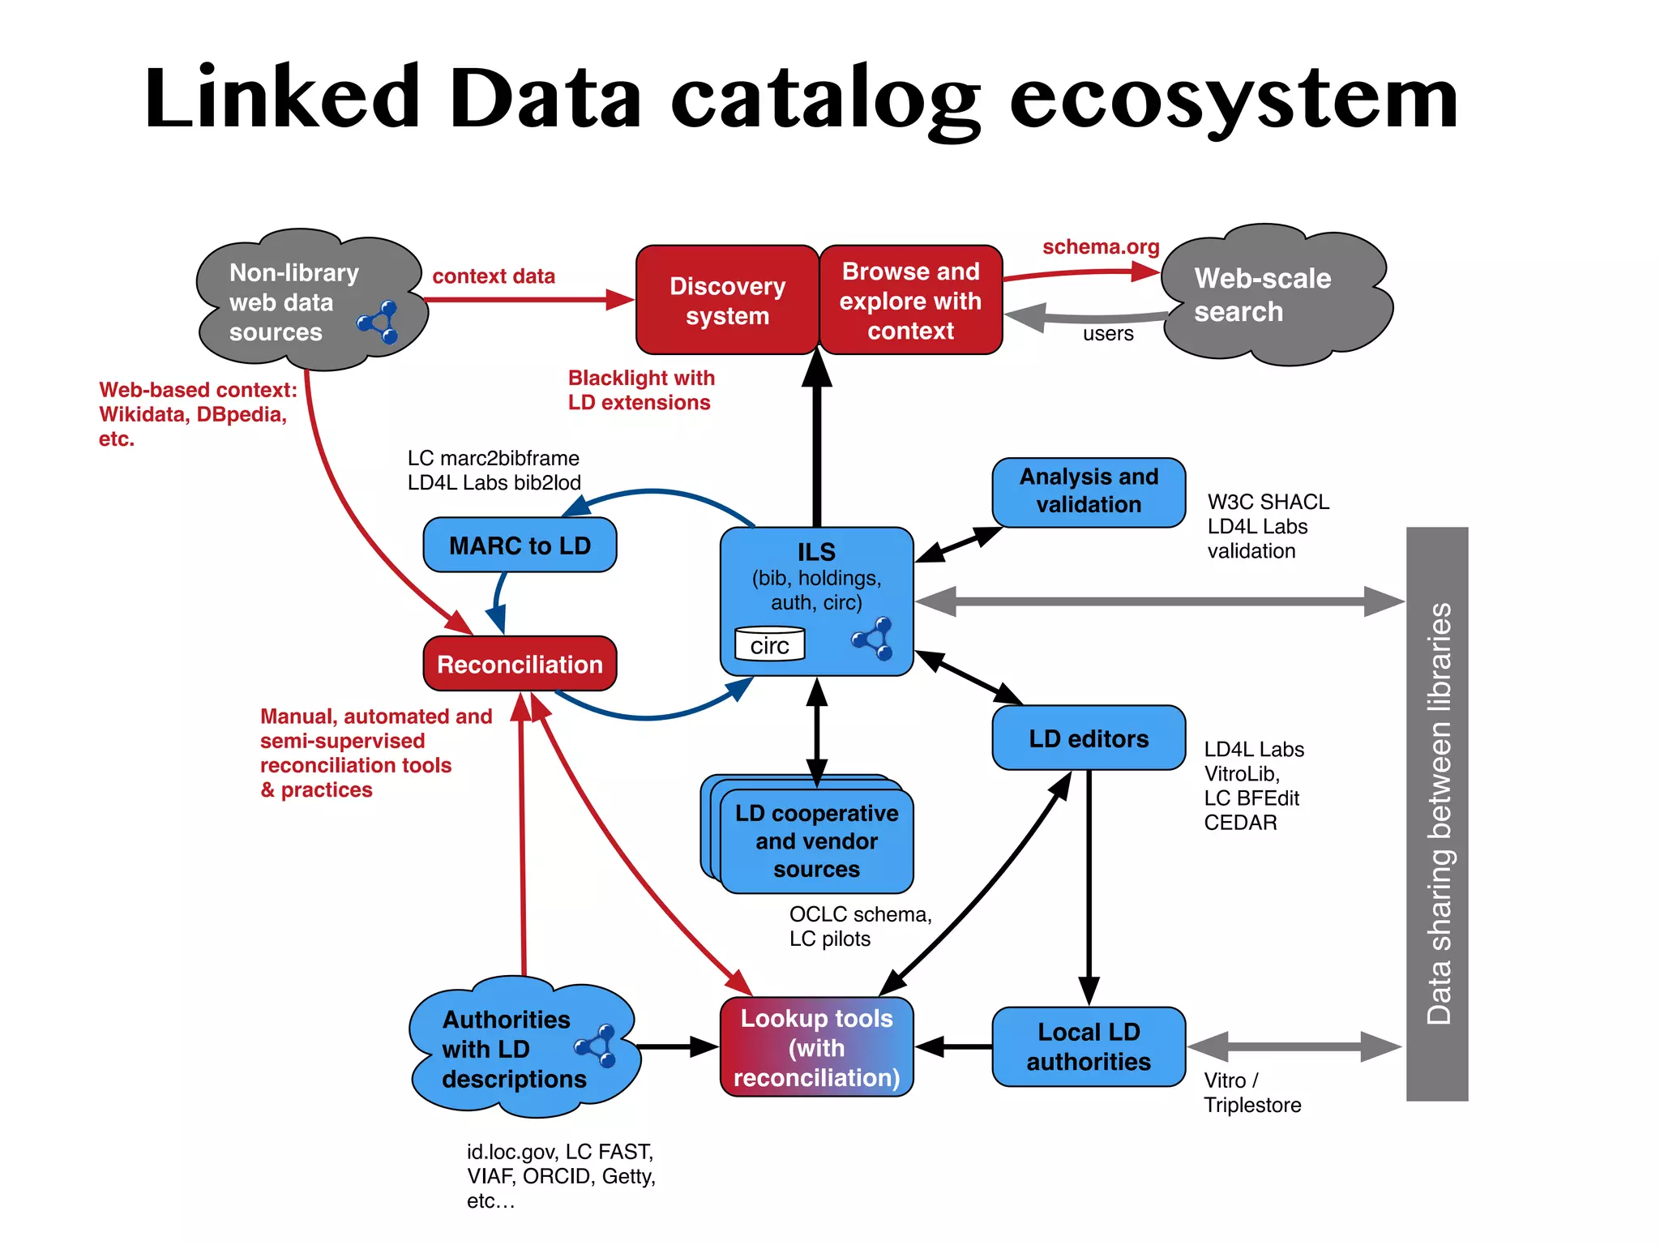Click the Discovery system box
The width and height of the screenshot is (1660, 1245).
pyautogui.click(x=727, y=301)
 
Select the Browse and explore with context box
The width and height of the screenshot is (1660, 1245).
pyautogui.click(x=910, y=301)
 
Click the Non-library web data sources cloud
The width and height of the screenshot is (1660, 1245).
pyautogui.click(x=300, y=302)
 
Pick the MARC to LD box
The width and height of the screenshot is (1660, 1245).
pyautogui.click(x=520, y=545)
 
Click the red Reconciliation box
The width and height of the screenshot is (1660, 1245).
pyautogui.click(x=520, y=665)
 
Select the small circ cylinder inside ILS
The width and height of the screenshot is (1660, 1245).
pyautogui.click(x=769, y=645)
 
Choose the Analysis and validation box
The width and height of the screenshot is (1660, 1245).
pyautogui.click(x=1089, y=491)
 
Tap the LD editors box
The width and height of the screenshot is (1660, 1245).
pyautogui.click(x=1089, y=738)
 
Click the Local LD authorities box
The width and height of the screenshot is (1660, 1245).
pyautogui.click(x=1089, y=1047)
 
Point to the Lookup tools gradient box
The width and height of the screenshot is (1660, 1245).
pyautogui.click(x=816, y=1047)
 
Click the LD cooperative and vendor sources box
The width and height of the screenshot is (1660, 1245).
pyautogui.click(x=816, y=841)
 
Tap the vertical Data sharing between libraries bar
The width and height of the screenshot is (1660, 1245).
pyautogui.click(x=1437, y=813)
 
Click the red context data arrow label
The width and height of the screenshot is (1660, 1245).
pyautogui.click(x=494, y=276)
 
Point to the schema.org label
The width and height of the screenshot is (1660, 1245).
pyautogui.click(x=1100, y=246)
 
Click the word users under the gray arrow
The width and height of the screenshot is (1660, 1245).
pyautogui.click(x=1108, y=334)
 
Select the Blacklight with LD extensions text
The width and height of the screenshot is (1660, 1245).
pyautogui.click(x=640, y=390)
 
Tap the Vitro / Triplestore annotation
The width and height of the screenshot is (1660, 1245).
pyautogui.click(x=1251, y=1093)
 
